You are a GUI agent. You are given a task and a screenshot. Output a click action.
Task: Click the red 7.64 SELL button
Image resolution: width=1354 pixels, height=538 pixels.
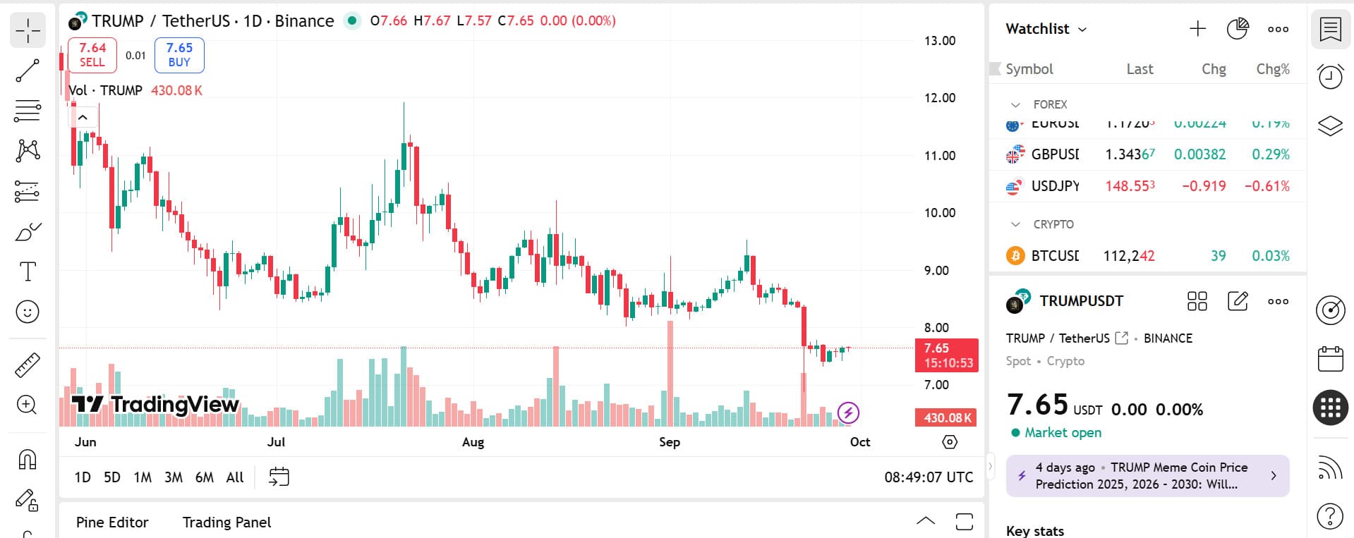click(92, 55)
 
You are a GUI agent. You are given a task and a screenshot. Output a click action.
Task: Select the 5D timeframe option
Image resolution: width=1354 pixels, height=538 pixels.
click(112, 477)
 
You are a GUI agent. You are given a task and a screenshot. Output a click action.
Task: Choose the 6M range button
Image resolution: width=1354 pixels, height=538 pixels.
click(205, 477)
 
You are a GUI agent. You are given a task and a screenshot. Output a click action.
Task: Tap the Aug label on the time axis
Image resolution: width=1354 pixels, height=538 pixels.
click(473, 442)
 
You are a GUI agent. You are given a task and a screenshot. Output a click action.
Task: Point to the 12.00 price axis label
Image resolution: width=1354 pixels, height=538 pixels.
click(940, 98)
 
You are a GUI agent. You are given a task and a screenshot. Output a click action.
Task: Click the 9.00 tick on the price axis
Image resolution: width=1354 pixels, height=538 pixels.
click(936, 270)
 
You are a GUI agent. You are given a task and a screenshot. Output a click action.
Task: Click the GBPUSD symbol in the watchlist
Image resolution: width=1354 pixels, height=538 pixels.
click(1055, 154)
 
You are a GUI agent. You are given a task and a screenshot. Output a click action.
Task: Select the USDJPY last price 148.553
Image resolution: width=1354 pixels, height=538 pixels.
click(1130, 186)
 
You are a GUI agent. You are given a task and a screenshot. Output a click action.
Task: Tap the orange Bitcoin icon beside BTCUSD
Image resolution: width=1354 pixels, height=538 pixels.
click(1015, 255)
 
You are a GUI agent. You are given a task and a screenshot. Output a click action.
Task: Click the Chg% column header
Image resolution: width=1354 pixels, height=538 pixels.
click(1272, 69)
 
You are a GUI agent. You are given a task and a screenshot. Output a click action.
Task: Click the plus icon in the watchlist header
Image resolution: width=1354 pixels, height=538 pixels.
click(1197, 29)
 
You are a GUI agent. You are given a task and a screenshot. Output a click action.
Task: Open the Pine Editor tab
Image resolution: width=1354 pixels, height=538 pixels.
click(112, 522)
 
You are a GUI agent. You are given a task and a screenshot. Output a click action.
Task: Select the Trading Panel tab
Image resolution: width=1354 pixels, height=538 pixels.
click(226, 522)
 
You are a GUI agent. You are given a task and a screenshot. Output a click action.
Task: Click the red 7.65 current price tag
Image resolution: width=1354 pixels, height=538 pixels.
click(946, 355)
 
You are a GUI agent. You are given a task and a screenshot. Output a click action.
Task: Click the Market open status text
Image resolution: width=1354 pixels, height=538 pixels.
click(1063, 432)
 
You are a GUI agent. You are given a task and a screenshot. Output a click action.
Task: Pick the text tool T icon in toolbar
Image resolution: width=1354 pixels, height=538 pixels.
click(28, 271)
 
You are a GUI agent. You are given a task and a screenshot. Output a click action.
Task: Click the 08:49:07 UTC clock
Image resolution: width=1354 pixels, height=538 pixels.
click(929, 477)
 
